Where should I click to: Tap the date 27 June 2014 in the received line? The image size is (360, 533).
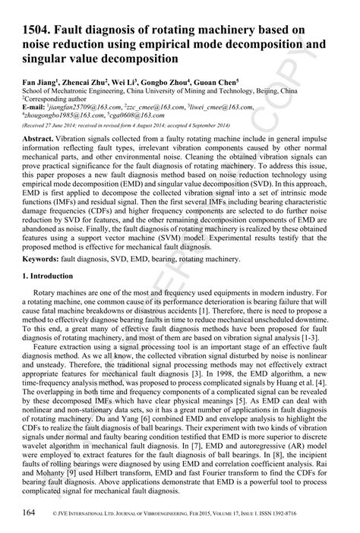(x=61, y=125)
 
